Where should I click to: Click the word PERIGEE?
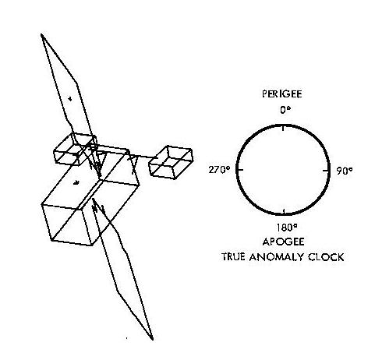(x=282, y=94)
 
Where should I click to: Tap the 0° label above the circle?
(x=285, y=110)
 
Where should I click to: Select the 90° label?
(x=345, y=171)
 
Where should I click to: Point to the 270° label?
(x=220, y=170)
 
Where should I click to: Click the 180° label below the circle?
(x=287, y=228)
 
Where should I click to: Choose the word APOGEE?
(x=283, y=242)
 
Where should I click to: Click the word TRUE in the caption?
(x=233, y=257)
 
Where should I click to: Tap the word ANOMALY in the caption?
(x=276, y=257)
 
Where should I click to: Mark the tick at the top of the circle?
(x=283, y=128)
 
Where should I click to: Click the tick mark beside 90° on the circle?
(x=326, y=171)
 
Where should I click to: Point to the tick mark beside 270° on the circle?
(x=240, y=170)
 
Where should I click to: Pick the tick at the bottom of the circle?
(x=284, y=211)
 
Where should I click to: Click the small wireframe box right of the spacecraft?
(x=171, y=162)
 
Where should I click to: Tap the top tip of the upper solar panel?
(x=41, y=34)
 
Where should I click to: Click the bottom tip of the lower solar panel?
(x=152, y=339)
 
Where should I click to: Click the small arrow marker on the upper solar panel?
(x=70, y=99)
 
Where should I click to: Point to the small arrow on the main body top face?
(x=76, y=183)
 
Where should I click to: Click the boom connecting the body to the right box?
(x=143, y=157)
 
